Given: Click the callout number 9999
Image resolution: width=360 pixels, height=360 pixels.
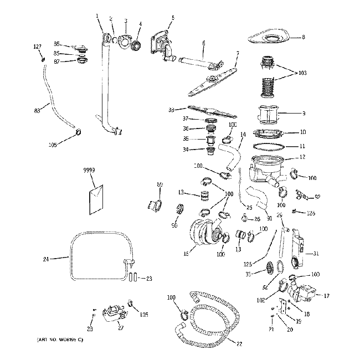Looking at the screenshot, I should point(89,172).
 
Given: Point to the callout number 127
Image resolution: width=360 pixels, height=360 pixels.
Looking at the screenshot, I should point(38,46).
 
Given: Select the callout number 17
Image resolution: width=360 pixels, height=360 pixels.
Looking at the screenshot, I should point(326,296).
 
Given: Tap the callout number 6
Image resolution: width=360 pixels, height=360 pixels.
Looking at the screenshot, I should point(203,43).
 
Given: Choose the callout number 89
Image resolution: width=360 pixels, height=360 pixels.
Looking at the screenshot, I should point(160,184).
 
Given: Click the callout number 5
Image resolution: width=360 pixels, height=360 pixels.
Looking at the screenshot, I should point(172,18).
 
